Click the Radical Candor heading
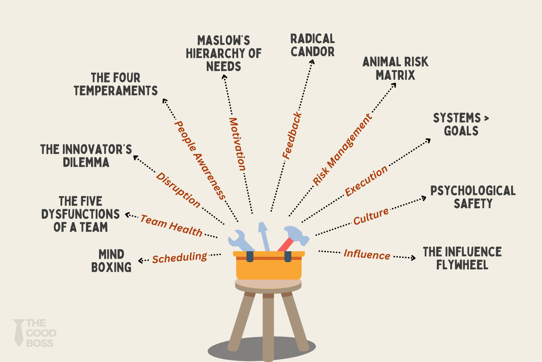[313, 45]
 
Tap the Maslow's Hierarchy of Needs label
[224, 54]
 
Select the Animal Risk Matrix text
[395, 68]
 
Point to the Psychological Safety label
[473, 197]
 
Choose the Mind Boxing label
[111, 261]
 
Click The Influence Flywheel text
[462, 258]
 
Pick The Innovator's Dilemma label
[86, 156]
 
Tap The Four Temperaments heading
[116, 84]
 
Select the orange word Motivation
[237, 144]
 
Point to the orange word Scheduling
[180, 258]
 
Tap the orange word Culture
[371, 216]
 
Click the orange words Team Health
[171, 225]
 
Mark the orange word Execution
[366, 181]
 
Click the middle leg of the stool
[268, 326]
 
